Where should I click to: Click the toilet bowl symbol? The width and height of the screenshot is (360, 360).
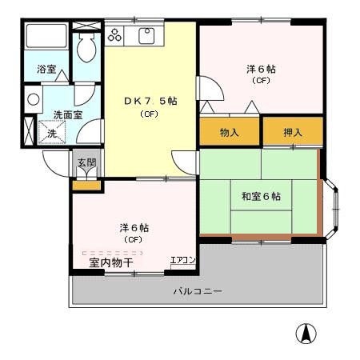86,48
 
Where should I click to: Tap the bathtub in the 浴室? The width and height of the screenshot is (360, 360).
46,36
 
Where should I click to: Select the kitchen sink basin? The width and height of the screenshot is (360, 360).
146,36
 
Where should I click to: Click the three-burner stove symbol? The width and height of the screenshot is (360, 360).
114,35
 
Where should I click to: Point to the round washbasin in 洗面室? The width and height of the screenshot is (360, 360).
34,100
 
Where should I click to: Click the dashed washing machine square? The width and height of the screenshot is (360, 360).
52,132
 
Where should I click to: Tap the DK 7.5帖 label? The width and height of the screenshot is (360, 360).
150,101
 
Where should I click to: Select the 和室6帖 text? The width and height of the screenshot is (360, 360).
261,197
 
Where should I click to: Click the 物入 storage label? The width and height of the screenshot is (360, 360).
229,132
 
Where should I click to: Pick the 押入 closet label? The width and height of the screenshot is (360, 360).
293,132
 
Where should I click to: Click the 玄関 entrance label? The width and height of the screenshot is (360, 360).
86,162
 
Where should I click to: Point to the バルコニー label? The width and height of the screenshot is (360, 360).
198,291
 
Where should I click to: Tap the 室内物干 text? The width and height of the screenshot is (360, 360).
111,263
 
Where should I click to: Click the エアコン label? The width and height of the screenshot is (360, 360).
183,260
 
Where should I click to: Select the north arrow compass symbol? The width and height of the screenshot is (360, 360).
306,334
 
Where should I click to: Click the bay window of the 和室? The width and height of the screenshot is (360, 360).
331,209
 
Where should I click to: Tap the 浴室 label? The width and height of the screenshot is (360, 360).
46,70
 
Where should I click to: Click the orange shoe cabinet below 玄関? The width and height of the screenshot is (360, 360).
86,186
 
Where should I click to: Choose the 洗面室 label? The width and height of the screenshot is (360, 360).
68,115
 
